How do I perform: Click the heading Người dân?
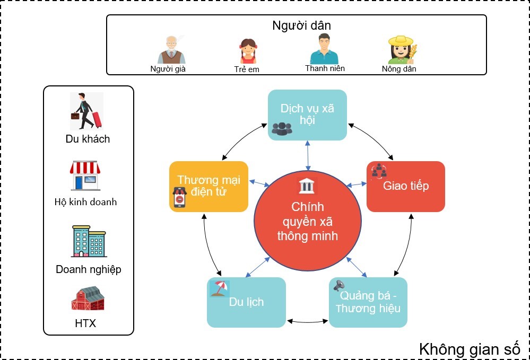point(301,25)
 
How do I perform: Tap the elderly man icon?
point(171,50)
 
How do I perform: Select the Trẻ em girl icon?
point(248,51)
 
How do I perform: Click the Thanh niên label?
point(325,68)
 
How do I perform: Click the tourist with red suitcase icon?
point(86,111)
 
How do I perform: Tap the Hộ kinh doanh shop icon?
point(85,175)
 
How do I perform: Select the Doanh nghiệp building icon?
point(88,241)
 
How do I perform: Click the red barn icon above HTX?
point(88,298)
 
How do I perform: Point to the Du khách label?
point(88,139)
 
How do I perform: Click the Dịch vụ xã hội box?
point(307,115)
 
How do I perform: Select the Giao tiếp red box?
point(406,186)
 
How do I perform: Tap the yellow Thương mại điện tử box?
point(208,186)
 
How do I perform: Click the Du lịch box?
point(246,302)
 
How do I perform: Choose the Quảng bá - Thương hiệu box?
point(368,302)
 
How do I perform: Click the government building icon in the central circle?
point(307,186)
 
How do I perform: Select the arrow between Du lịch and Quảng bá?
point(307,321)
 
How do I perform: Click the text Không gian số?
point(470,349)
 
